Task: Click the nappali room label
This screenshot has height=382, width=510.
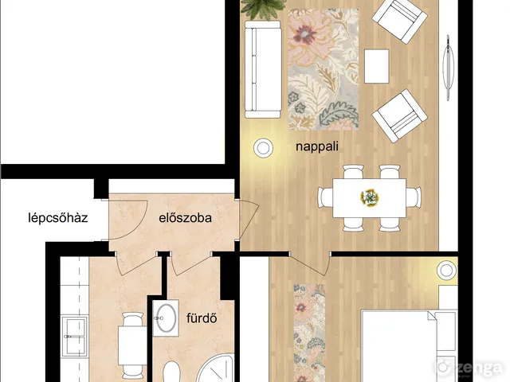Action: (317, 146)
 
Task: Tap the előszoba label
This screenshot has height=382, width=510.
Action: (185, 217)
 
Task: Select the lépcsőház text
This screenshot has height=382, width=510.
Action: (58, 217)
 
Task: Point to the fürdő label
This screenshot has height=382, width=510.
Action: (202, 318)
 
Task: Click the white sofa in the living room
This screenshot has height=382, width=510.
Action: (263, 69)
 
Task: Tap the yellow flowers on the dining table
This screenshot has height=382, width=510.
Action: (370, 197)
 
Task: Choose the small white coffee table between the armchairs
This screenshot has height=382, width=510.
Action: (377, 66)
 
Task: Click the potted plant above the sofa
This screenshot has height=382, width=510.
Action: (263, 9)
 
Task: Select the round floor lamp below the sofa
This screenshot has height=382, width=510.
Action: (263, 148)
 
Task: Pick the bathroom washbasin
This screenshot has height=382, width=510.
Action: (166, 318)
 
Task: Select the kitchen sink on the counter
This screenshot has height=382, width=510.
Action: (76, 337)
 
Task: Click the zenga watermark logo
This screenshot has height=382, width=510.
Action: (469, 368)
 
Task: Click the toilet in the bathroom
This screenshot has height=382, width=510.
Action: (171, 372)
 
